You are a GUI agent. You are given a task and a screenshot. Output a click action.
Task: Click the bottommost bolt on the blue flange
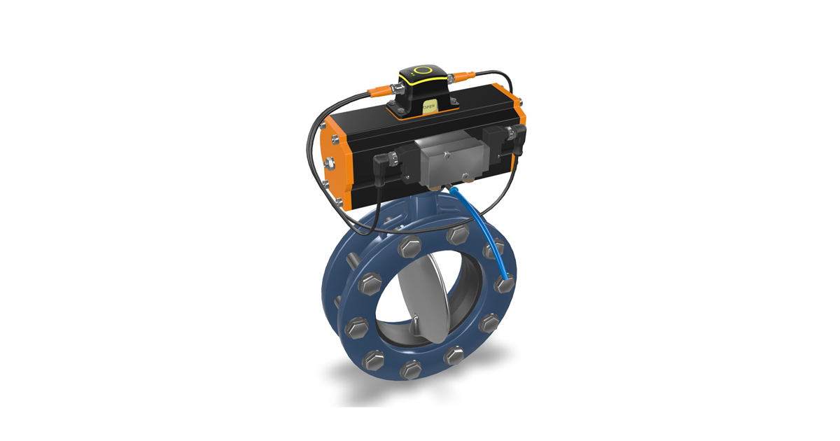click(411, 370)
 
